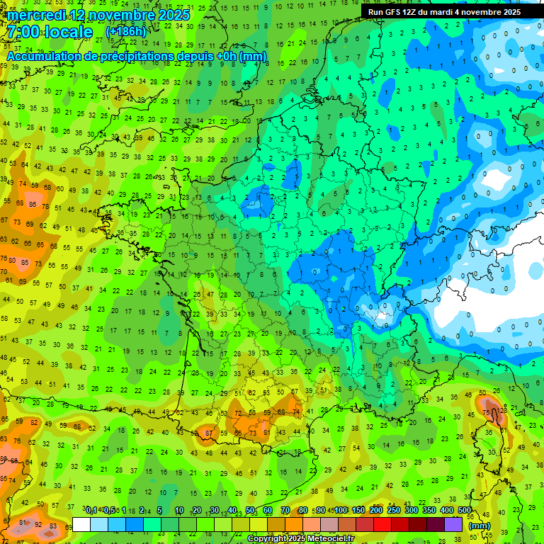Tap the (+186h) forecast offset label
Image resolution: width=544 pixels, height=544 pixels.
click(x=126, y=32)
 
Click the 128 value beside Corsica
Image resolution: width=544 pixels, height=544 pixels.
click(x=502, y=410)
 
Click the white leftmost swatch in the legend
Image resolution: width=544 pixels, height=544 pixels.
click(x=81, y=524)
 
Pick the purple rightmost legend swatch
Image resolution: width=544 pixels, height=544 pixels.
click(x=453, y=524)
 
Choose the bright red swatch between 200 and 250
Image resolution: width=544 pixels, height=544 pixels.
click(x=383, y=524)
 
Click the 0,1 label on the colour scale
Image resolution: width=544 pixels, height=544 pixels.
click(x=91, y=510)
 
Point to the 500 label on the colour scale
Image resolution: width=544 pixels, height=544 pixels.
click(x=464, y=510)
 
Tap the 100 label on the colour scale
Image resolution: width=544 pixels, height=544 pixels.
click(x=341, y=510)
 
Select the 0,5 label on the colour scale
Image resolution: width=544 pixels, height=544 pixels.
click(x=108, y=510)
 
